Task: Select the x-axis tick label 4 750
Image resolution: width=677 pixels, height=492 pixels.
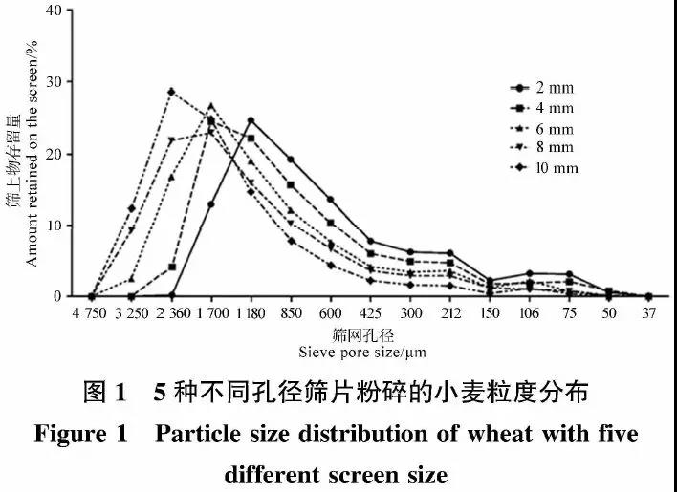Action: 91,311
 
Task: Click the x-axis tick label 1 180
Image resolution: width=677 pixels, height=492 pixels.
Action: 251,311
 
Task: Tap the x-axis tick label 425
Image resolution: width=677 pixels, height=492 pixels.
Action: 370,311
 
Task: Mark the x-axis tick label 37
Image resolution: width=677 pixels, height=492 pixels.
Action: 648,311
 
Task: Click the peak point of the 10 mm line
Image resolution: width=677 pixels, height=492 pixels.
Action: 171,92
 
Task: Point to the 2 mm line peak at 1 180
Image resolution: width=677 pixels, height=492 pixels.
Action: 251,120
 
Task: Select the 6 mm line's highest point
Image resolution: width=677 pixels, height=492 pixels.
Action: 211,106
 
